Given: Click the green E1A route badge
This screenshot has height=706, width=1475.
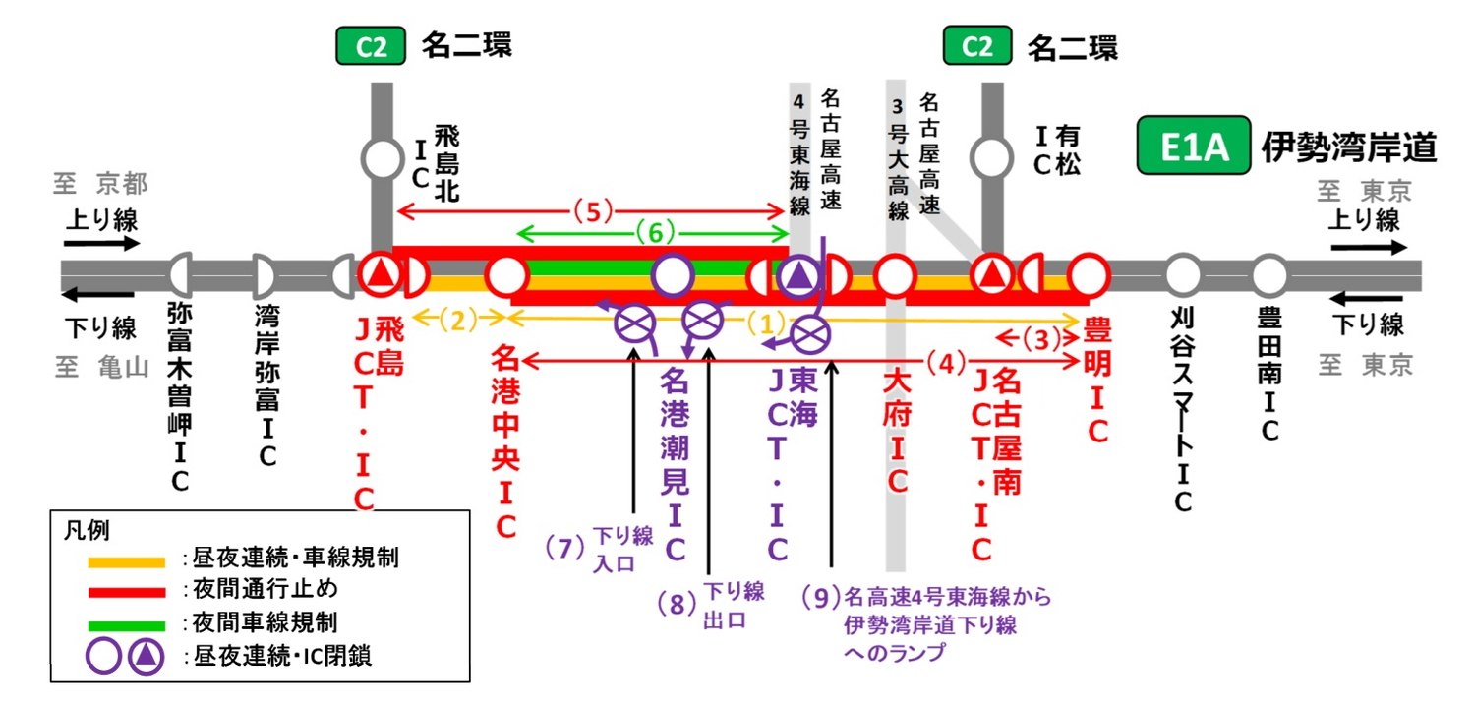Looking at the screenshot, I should [1194, 147].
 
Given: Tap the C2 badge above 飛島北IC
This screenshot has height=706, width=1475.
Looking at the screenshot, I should [372, 46].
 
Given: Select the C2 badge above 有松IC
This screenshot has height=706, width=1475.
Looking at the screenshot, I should [977, 46].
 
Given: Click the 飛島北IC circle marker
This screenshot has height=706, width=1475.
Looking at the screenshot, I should [382, 157].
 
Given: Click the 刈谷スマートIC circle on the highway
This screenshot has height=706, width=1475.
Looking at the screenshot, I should [1183, 275].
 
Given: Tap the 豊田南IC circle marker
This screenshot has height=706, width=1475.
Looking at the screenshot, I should [1269, 275].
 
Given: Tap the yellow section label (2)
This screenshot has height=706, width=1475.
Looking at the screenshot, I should [459, 318].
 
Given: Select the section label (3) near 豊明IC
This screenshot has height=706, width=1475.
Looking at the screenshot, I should [1036, 338].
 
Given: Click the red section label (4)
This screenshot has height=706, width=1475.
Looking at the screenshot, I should [946, 363].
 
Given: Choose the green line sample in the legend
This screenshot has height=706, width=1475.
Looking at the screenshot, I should [127, 625].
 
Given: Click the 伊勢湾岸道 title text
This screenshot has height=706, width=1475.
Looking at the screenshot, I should [1349, 147].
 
